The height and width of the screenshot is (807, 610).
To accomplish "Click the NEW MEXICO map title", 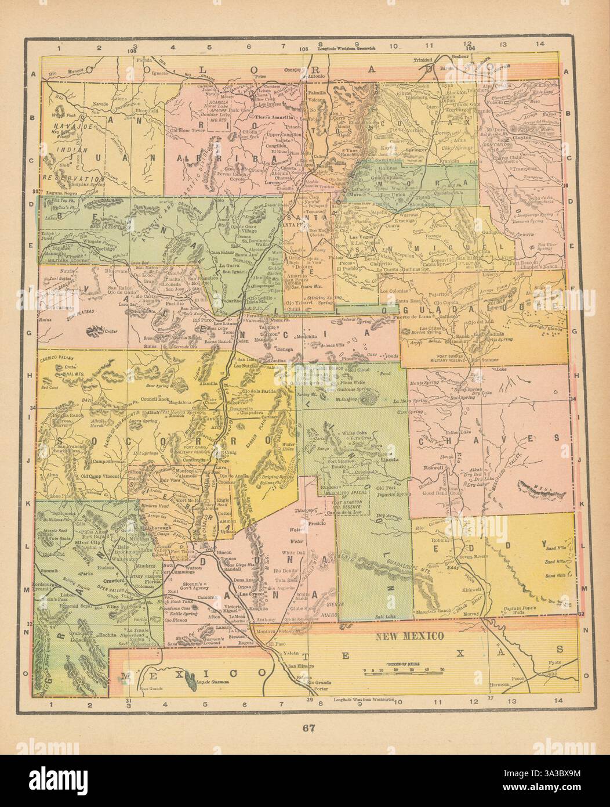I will pyautogui.click(x=410, y=635).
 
